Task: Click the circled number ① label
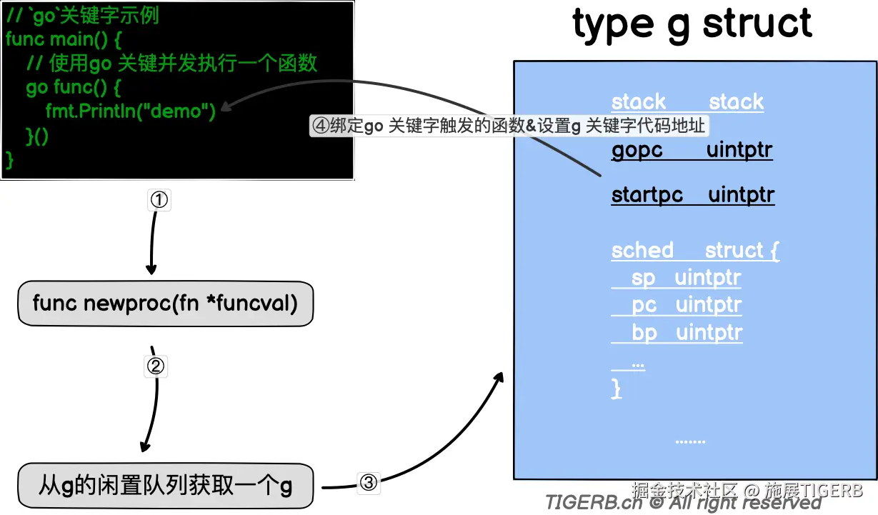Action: click(159, 201)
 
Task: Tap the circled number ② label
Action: click(156, 366)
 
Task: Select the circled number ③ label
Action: click(368, 483)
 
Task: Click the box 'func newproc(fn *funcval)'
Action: click(165, 304)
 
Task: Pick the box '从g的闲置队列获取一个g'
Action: click(165, 487)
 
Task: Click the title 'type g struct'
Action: click(692, 24)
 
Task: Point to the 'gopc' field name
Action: click(637, 151)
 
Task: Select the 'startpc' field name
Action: click(647, 195)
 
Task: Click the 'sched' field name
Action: click(642, 250)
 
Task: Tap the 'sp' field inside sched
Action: click(643, 277)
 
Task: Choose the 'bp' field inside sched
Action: click(644, 333)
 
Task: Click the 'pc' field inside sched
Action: click(644, 305)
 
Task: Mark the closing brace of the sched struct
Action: click(617, 389)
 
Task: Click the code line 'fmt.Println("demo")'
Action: click(130, 111)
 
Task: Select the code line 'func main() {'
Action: click(63, 39)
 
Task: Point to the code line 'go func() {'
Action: click(74, 87)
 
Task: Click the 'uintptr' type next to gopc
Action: click(739, 151)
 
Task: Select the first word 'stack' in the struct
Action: click(639, 101)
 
